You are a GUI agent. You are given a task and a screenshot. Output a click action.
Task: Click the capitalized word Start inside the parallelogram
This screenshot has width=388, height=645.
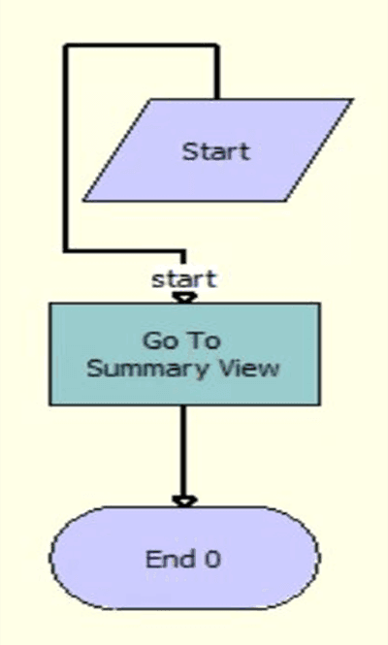click(x=216, y=151)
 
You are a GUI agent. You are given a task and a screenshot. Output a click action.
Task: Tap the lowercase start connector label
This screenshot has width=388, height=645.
click(x=183, y=279)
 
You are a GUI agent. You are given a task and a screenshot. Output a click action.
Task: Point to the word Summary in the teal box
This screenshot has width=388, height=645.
click(x=147, y=369)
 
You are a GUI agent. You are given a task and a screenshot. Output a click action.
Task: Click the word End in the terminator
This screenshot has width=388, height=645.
click(x=165, y=560)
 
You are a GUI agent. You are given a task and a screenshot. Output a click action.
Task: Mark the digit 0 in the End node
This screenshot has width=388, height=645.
click(x=214, y=560)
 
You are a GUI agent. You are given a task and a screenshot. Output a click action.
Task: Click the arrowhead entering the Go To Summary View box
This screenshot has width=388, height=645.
click(x=183, y=298)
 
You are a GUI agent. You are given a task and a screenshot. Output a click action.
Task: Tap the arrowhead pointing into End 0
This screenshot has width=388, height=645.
click(x=183, y=500)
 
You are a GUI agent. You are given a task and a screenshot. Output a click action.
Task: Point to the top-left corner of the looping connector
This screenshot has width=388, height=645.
click(x=66, y=46)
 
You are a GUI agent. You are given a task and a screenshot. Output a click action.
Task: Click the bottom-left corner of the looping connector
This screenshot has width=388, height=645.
click(x=66, y=251)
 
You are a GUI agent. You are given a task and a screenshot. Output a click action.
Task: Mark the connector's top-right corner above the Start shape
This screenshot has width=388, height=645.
click(x=217, y=46)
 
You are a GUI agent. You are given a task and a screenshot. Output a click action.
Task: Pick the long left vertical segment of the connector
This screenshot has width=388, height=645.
click(x=66, y=145)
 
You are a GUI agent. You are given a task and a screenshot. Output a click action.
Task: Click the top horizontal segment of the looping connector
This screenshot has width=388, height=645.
click(x=141, y=46)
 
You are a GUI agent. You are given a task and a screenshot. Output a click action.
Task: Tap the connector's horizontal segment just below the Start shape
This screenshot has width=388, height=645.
click(x=124, y=251)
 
